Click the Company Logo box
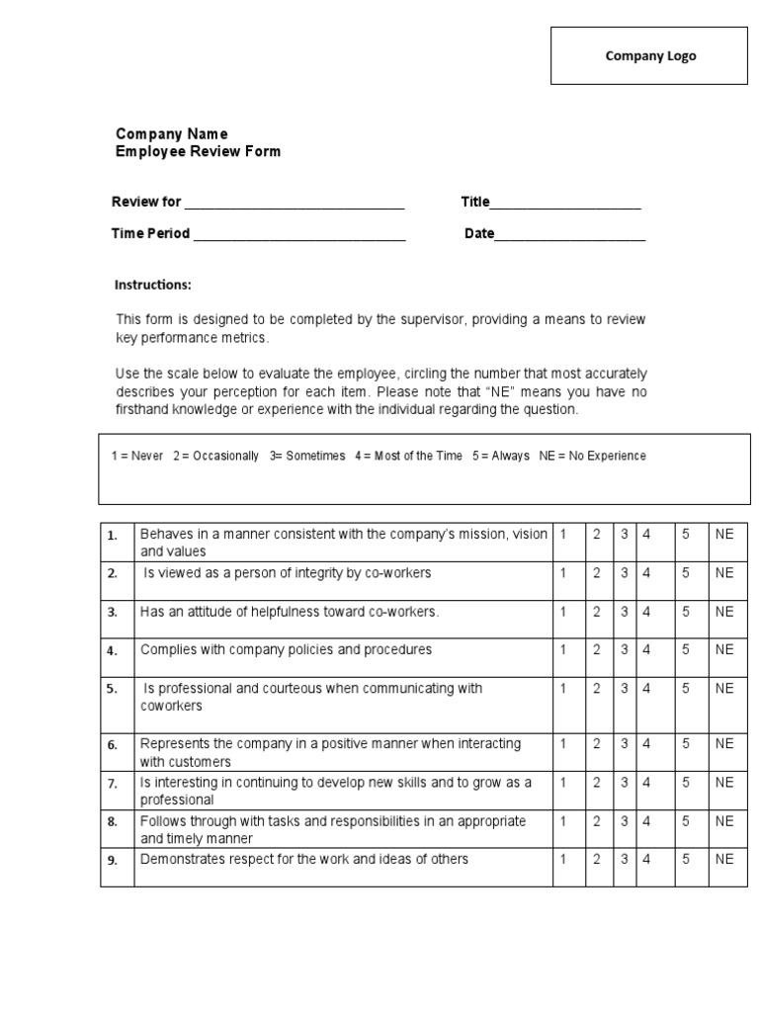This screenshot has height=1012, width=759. (x=650, y=56)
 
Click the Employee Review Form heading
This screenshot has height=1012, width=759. (x=198, y=151)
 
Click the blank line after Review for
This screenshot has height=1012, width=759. (x=295, y=205)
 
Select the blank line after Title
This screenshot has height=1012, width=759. (x=565, y=205)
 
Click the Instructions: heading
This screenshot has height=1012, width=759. (x=153, y=285)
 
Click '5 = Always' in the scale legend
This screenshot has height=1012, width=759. (x=500, y=457)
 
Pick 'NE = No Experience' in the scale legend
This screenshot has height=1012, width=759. (x=593, y=457)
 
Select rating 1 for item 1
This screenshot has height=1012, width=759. (x=563, y=534)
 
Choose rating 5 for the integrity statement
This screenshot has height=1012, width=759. (x=685, y=573)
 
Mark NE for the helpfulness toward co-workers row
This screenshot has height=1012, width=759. (x=724, y=612)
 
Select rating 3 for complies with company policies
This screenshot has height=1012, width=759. (x=625, y=650)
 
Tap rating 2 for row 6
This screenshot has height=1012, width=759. (x=596, y=743)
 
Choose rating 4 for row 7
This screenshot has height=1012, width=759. (x=647, y=783)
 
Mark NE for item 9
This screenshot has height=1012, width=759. (x=724, y=860)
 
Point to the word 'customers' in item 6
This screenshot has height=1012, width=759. (x=201, y=762)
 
